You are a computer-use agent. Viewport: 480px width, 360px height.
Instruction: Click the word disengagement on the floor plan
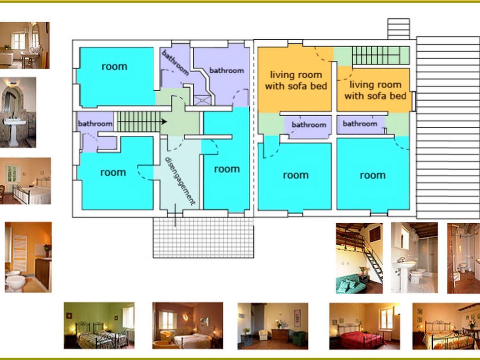(180, 181)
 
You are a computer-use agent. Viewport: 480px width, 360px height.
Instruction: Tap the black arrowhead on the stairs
(164, 122)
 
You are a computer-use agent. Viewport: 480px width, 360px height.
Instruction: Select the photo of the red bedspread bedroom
(364, 326)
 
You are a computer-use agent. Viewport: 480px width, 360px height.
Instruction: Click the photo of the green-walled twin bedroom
(99, 326)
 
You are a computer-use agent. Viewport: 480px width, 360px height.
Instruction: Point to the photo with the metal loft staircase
(359, 258)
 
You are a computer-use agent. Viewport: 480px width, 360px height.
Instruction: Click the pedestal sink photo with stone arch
(18, 112)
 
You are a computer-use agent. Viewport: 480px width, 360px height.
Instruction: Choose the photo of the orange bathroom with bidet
(28, 257)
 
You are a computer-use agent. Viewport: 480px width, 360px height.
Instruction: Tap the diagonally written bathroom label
(175, 63)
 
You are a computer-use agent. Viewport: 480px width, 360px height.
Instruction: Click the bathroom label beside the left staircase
(95, 124)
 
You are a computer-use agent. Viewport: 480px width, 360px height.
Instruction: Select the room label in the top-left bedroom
(114, 67)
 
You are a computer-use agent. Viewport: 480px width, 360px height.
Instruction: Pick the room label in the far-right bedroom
(373, 175)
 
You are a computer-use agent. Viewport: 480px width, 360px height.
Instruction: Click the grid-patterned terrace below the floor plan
(203, 238)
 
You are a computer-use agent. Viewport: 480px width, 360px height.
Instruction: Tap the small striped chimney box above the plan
(399, 29)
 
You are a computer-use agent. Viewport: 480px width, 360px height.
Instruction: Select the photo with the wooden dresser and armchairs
(273, 326)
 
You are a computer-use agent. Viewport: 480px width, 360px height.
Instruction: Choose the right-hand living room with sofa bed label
(375, 90)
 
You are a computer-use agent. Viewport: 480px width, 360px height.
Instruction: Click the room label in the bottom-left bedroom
(113, 173)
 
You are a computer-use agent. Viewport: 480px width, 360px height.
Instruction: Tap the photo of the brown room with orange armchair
(188, 326)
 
